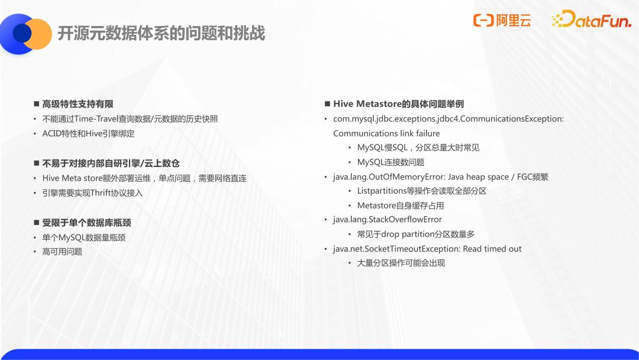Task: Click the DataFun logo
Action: click(x=591, y=19)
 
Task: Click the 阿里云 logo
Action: click(x=502, y=20)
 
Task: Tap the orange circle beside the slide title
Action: click(x=38, y=34)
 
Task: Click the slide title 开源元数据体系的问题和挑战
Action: click(x=162, y=33)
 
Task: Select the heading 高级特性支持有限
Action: click(x=78, y=104)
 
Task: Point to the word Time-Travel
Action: click(x=96, y=118)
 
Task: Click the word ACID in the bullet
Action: click(x=51, y=133)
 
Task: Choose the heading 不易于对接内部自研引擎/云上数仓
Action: click(x=111, y=163)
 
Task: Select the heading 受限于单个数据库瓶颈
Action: click(x=87, y=223)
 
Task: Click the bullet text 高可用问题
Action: click(x=62, y=252)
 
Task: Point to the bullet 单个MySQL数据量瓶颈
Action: click(x=84, y=237)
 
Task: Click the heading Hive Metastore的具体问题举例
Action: click(x=399, y=104)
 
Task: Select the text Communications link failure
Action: click(x=386, y=133)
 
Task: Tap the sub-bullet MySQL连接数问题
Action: click(x=391, y=162)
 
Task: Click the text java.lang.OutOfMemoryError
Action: click(x=389, y=177)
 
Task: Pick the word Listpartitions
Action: click(x=382, y=191)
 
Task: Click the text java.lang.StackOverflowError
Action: click(x=388, y=219)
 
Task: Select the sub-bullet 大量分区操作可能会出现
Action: click(x=401, y=263)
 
